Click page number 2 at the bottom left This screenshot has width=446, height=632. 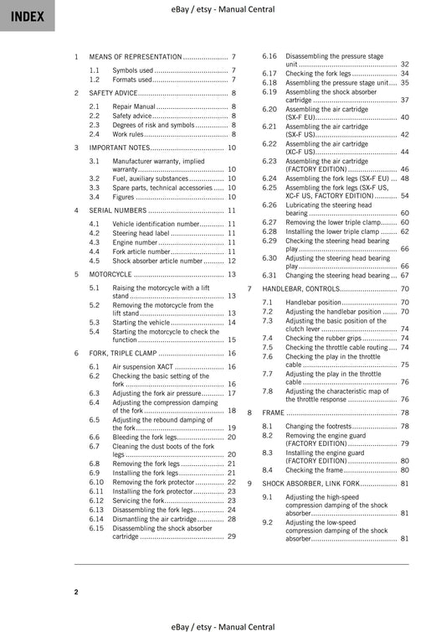(x=76, y=593)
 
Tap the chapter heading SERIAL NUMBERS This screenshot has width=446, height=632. (x=118, y=210)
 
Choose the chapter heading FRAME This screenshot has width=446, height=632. (x=273, y=413)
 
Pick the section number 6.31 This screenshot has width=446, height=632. (x=269, y=275)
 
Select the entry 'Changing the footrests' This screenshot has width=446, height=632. (x=316, y=427)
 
